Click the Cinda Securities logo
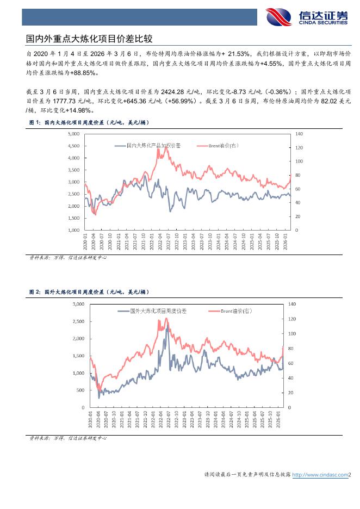point(307,17)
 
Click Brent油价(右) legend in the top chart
point(224,146)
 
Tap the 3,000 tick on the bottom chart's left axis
point(78,303)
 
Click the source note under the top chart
point(68,257)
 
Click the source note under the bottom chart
point(68,437)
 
